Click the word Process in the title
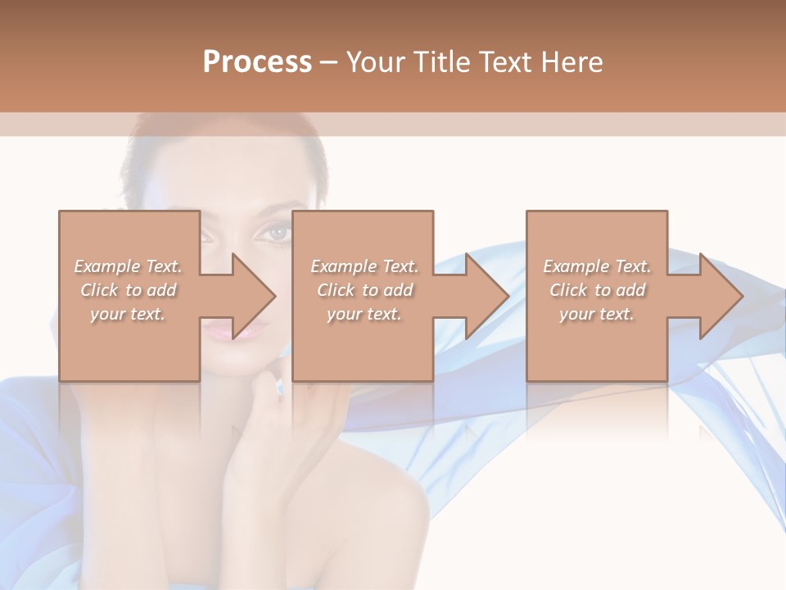(x=257, y=62)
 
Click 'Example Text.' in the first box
(x=129, y=266)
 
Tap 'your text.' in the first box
(x=129, y=314)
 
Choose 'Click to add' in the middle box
(x=364, y=290)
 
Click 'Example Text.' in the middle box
(x=364, y=266)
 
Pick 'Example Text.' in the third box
(x=597, y=266)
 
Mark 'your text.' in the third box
(x=597, y=314)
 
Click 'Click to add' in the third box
(x=597, y=290)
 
